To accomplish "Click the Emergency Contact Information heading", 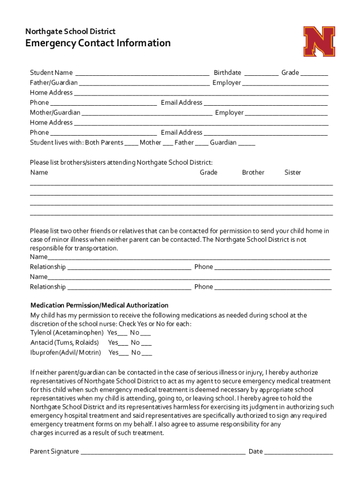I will (98, 43).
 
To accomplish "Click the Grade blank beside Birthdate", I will (314, 73).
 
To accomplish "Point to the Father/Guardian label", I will (54, 83).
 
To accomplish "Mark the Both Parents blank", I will (131, 143).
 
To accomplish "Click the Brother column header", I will (253, 173).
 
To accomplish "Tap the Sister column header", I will (293, 173).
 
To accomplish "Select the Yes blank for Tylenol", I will (122, 334).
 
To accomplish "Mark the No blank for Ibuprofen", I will (146, 354).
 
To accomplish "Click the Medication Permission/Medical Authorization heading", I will (99, 305).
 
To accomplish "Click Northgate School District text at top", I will (70, 31).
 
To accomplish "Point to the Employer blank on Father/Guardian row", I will (285, 83).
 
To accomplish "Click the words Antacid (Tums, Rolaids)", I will (65, 343).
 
